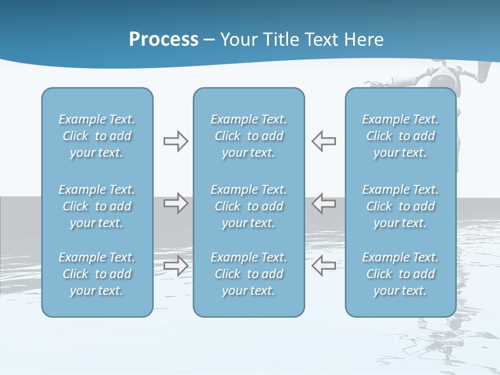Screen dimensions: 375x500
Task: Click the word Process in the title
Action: click(x=164, y=39)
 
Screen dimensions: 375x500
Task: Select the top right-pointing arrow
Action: click(x=176, y=141)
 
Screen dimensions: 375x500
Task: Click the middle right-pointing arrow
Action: click(x=176, y=203)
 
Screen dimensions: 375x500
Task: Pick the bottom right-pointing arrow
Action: click(x=176, y=266)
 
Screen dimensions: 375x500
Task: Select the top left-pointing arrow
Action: click(x=323, y=141)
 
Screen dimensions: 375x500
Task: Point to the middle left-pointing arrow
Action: click(x=323, y=203)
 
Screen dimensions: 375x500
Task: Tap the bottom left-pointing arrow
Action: click(x=323, y=266)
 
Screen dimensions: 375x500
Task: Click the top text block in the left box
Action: click(x=97, y=136)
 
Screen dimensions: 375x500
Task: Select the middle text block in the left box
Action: click(x=97, y=206)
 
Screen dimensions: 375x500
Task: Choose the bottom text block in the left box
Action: click(x=97, y=274)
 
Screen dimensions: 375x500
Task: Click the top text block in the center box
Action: click(x=248, y=136)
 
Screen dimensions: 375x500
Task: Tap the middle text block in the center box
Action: click(x=248, y=206)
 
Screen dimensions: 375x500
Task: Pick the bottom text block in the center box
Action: click(x=248, y=274)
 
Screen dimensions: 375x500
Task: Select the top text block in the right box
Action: click(x=400, y=136)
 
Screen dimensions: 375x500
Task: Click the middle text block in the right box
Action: click(x=400, y=206)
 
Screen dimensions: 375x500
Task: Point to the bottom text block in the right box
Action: click(x=400, y=274)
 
